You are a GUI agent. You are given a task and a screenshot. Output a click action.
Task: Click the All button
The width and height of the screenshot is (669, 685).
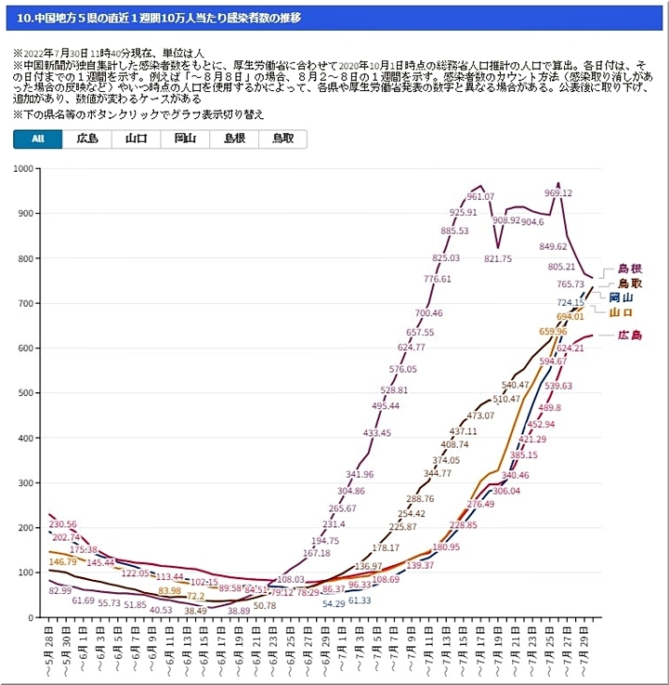38,138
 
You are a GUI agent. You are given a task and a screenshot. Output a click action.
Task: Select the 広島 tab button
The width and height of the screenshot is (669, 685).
87,138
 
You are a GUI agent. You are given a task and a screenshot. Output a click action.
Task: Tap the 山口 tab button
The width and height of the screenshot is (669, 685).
137,138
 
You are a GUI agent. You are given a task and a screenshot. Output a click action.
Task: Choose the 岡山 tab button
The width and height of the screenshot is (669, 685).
185,138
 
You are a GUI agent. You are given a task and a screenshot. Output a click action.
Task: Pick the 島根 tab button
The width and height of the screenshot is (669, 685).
233,138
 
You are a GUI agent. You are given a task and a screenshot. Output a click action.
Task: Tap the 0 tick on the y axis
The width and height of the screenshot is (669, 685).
32,617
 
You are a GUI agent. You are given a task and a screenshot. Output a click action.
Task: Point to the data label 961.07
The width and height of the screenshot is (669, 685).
479,196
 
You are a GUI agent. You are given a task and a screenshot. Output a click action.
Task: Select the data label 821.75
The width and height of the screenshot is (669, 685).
497,258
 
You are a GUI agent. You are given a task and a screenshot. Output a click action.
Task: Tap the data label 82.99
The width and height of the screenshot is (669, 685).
59,590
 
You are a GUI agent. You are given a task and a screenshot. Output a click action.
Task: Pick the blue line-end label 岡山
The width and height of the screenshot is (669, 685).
621,297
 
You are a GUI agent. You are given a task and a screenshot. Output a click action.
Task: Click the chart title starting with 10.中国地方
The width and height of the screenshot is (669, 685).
158,18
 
